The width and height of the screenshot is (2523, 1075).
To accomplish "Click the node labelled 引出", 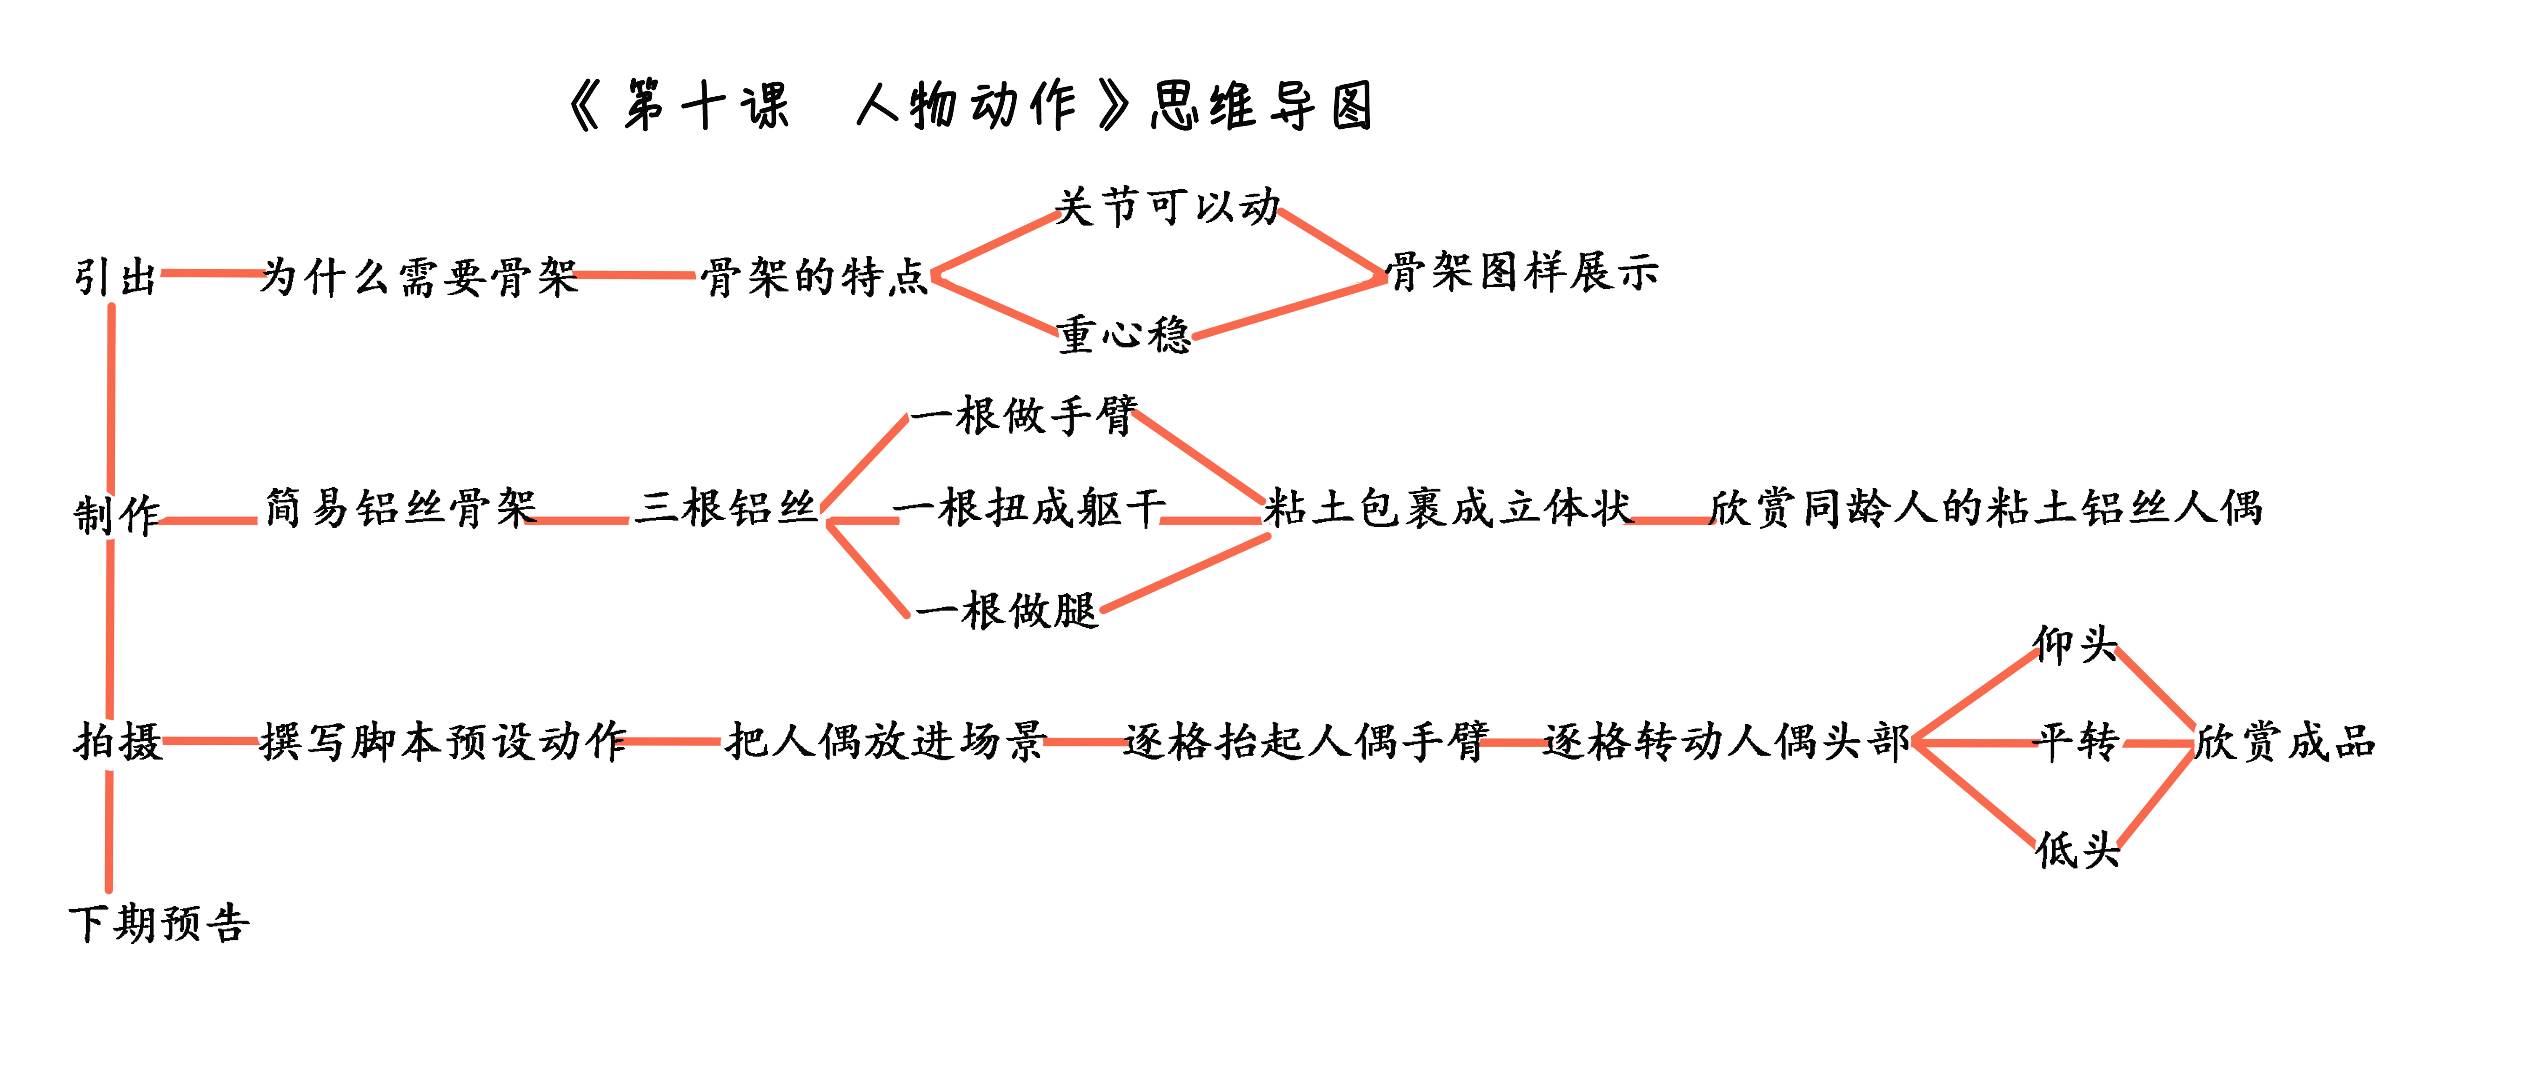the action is click(x=115, y=277).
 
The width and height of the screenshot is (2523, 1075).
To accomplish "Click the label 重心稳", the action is click(x=1123, y=334).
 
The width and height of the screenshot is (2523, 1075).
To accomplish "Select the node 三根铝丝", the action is click(x=726, y=508).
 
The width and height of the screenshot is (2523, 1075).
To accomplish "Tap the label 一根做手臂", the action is click(x=1023, y=415).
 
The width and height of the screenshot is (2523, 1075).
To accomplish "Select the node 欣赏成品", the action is click(x=2285, y=741).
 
